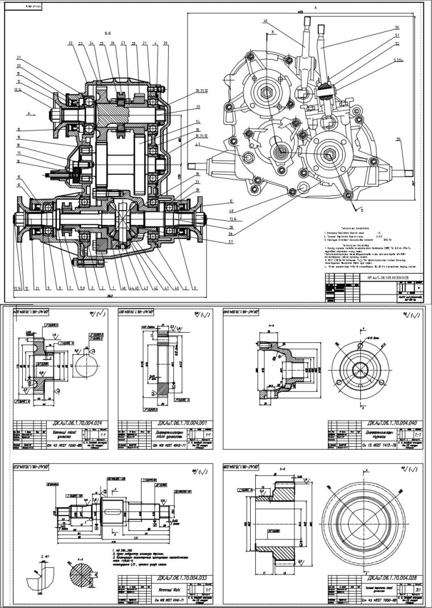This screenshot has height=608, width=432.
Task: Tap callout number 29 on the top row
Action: pos(165,43)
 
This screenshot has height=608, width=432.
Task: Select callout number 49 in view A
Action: pos(265,21)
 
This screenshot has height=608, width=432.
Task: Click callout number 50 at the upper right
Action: pos(396,27)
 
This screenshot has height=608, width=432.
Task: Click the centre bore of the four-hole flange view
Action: pos(361,368)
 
